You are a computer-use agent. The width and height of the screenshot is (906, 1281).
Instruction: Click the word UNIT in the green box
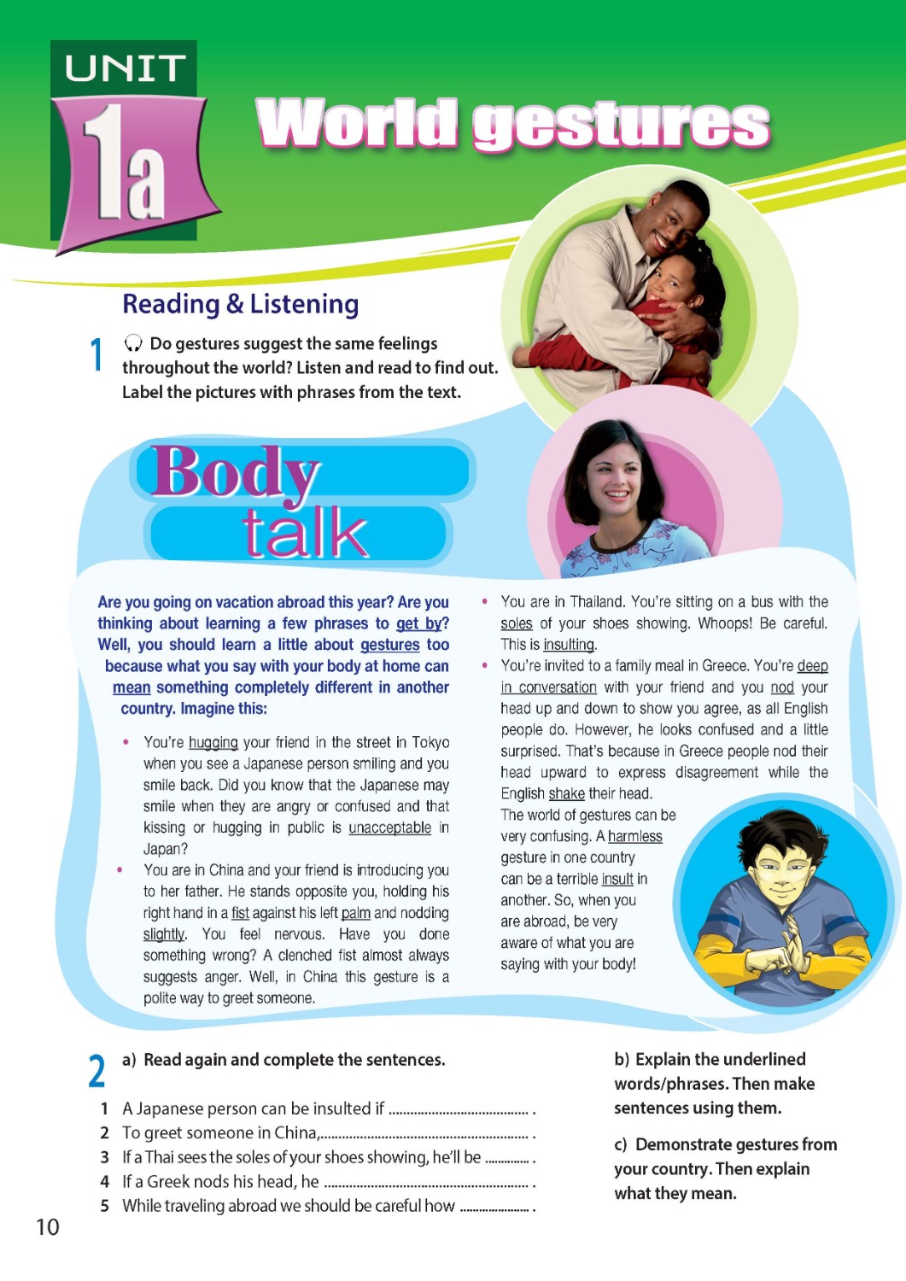[x=125, y=68]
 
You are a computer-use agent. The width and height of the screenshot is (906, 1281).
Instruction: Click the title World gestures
[x=512, y=124]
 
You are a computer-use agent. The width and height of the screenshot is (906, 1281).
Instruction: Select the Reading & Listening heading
[x=240, y=304]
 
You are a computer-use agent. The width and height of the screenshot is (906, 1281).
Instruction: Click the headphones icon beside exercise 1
[x=133, y=343]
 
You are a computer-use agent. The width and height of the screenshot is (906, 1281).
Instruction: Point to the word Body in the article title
[x=235, y=471]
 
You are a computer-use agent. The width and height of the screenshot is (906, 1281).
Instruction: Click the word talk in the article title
[x=305, y=533]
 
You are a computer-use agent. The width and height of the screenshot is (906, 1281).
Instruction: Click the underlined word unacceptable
[x=389, y=828]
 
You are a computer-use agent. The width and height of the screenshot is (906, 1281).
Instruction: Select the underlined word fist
[x=240, y=913]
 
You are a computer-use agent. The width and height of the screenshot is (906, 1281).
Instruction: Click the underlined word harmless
[x=634, y=836]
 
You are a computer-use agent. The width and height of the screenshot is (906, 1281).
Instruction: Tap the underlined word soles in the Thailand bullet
[x=516, y=623]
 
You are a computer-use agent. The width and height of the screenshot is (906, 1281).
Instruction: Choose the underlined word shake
[x=566, y=793]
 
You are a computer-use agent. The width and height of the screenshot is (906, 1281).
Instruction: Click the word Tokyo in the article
[x=430, y=742]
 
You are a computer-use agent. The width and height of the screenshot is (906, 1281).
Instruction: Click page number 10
[x=47, y=1227]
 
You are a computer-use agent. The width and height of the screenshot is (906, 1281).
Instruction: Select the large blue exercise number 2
[x=96, y=1071]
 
